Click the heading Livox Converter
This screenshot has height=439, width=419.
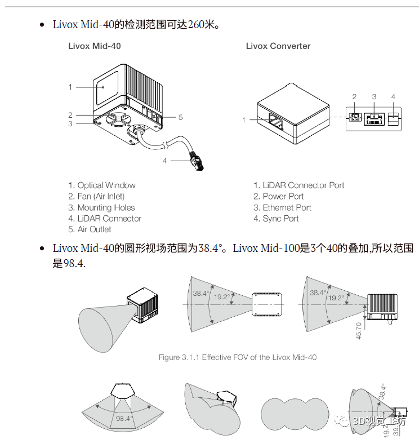[278, 46]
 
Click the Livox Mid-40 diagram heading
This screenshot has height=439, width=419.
[94, 46]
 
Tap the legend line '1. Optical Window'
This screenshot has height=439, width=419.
[102, 185]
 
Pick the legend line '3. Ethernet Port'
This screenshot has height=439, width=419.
[282, 207]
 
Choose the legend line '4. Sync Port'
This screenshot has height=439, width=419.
[276, 219]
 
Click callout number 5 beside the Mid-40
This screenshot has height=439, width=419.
[180, 117]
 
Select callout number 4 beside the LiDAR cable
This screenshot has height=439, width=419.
[165, 161]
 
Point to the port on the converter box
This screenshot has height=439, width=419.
[276, 120]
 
